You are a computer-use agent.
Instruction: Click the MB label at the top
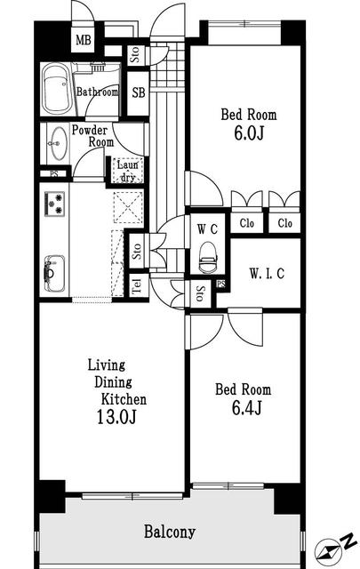pos(83,40)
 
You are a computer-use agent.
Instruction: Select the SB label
pos(139,92)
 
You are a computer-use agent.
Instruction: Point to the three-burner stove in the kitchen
pos(54,204)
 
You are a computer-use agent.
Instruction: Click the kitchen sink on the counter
pos(54,273)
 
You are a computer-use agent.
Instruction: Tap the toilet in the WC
pos(208,258)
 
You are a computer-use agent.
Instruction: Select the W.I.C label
pos(267,273)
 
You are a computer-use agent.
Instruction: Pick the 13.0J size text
pos(116,417)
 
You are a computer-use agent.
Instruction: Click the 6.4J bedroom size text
pos(247,408)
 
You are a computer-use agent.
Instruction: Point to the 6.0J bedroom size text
pos(249,133)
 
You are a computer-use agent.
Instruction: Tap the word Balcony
pos(170,532)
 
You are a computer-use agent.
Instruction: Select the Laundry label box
pos(127,171)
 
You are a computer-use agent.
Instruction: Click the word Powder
pos(89,130)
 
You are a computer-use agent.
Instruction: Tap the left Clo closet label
pos(247,223)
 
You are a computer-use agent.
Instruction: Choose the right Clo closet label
pos(284,223)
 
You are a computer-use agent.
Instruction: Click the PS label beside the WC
pos(221,284)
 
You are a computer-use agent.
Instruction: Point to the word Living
pos(107,365)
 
